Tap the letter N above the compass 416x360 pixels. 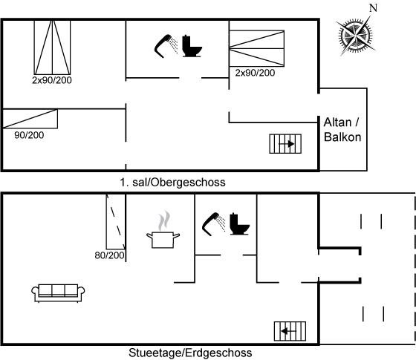373,8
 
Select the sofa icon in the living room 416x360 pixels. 58,293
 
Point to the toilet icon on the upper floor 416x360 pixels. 192,46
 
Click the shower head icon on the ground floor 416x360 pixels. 214,224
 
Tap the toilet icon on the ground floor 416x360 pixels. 239,224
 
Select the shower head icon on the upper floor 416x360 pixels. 166,46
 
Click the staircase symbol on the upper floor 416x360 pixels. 285,144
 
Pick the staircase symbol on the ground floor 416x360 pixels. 290,331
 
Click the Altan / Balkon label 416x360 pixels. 342,130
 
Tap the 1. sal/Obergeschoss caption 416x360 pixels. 172,183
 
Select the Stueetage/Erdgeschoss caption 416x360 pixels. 190,353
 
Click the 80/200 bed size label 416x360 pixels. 109,255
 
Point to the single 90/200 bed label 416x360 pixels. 29,135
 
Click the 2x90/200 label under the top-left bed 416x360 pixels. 52,80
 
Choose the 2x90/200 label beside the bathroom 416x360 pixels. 255,73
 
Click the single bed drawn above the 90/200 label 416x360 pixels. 30,119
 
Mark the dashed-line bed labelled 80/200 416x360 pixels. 116,222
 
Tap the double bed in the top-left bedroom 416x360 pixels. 52,48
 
